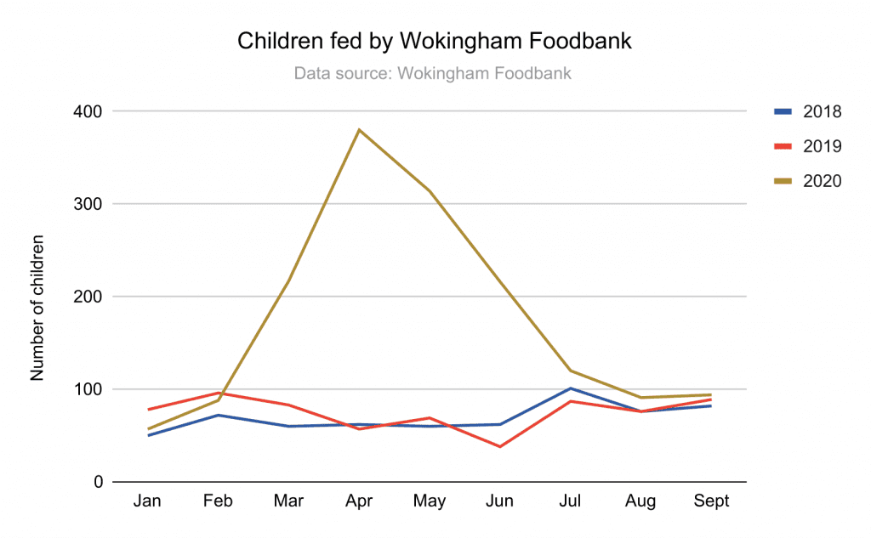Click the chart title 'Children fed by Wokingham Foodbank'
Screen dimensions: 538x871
click(x=435, y=41)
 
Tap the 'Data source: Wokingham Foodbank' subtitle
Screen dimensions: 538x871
click(x=432, y=73)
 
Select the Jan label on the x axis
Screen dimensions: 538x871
click(x=147, y=501)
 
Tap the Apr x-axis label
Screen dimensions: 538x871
click(x=359, y=501)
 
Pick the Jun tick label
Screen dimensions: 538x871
click(x=499, y=501)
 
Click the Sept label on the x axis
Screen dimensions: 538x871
click(x=711, y=501)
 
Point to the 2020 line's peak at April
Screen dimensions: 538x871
click(x=359, y=130)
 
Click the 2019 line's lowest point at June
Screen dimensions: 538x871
click(x=500, y=447)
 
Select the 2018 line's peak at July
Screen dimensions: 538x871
click(x=571, y=388)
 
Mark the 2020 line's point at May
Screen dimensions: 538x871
click(x=430, y=191)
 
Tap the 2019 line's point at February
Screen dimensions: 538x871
click(x=218, y=393)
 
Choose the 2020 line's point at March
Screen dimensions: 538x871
click(x=288, y=281)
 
